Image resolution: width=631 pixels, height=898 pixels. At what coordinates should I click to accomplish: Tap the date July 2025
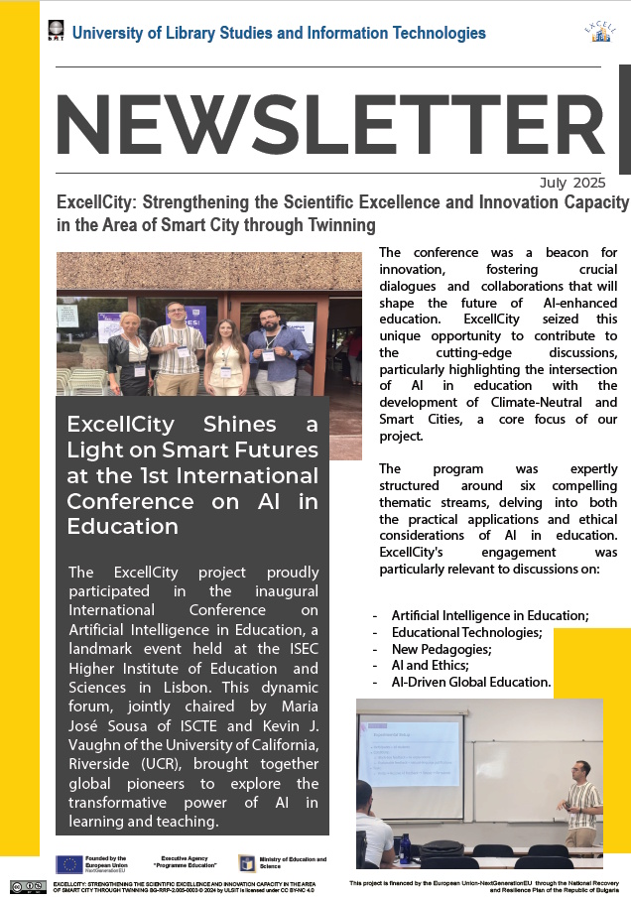[x=572, y=183]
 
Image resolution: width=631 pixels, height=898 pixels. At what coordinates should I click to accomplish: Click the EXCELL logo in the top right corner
[x=598, y=32]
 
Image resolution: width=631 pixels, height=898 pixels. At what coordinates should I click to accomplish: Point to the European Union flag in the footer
[x=69, y=863]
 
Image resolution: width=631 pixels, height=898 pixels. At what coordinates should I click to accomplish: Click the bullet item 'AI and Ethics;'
[x=429, y=666]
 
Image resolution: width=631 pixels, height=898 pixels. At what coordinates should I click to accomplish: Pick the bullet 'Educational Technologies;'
[x=466, y=632]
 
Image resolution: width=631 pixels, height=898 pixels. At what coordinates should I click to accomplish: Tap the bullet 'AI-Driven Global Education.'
[x=470, y=683]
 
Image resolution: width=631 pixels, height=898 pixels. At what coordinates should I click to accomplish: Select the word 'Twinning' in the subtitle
[x=336, y=225]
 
